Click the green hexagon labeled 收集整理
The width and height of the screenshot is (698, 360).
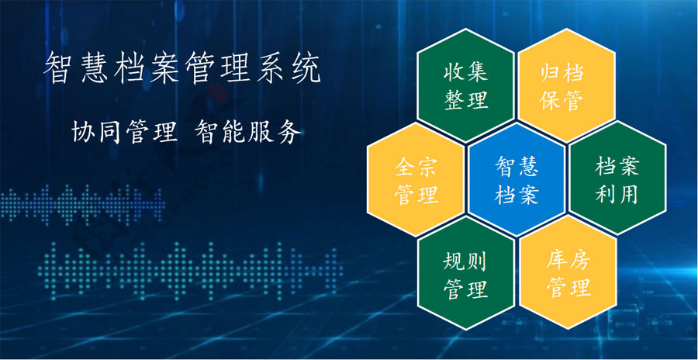(x=465, y=85)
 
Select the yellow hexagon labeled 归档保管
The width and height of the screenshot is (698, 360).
(x=566, y=85)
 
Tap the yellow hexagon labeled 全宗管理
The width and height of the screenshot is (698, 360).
(x=416, y=179)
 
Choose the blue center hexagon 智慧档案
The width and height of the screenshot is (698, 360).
(x=517, y=179)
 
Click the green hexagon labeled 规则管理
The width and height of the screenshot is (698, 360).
(x=465, y=273)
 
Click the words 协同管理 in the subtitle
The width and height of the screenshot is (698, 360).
(x=125, y=133)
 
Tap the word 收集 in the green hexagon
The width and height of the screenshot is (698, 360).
(x=465, y=71)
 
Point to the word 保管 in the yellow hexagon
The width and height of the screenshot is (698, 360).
(x=562, y=100)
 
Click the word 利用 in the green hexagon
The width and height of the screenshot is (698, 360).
(x=617, y=194)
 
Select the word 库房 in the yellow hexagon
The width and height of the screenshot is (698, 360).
(x=568, y=259)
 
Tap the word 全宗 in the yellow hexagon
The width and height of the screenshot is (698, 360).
(x=416, y=167)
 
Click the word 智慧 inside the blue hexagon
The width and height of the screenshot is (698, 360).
(x=517, y=166)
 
